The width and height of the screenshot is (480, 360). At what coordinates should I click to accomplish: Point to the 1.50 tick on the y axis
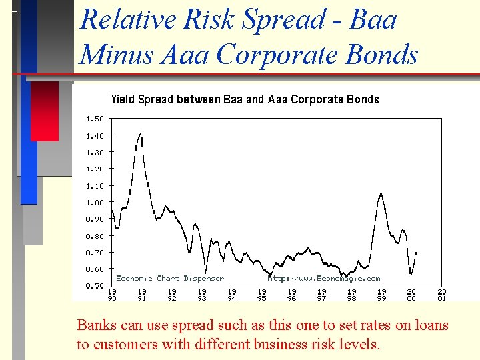(x=95, y=119)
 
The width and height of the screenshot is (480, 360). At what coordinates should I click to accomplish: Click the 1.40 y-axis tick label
(x=95, y=135)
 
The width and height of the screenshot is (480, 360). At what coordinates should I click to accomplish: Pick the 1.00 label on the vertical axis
(x=95, y=202)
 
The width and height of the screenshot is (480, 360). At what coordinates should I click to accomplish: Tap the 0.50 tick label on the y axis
(x=95, y=286)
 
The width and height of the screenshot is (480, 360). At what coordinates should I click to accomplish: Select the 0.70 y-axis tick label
(x=95, y=253)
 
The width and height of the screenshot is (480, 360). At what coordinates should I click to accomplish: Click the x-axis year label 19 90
(x=112, y=295)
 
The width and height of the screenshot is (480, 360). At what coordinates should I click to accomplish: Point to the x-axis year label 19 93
(x=202, y=295)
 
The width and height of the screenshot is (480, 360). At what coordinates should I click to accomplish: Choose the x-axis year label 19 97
(x=322, y=295)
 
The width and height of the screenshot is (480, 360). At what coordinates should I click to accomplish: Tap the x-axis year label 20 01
(x=442, y=295)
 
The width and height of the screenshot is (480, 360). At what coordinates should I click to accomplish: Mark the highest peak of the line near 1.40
(x=141, y=133)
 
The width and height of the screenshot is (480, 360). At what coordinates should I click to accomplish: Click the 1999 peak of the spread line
(x=381, y=193)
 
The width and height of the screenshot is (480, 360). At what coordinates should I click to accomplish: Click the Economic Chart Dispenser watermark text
(x=170, y=279)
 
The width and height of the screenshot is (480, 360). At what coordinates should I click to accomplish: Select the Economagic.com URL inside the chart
(x=324, y=279)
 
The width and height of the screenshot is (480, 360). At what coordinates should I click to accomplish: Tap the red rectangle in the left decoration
(x=45, y=111)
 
